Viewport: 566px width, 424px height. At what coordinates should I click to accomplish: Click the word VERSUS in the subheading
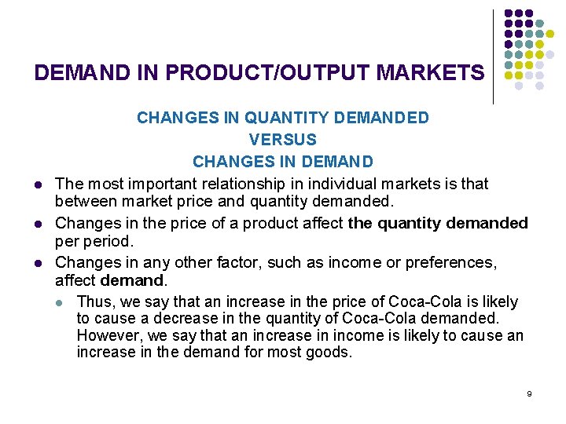pyautogui.click(x=282, y=140)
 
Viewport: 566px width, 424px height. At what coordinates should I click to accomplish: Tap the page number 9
pyautogui.click(x=529, y=393)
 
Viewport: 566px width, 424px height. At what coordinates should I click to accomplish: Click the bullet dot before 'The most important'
pyautogui.click(x=38, y=185)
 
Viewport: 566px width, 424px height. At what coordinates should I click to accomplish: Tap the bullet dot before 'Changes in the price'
pyautogui.click(x=38, y=224)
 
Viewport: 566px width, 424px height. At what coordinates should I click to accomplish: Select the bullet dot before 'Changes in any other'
pyautogui.click(x=38, y=262)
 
